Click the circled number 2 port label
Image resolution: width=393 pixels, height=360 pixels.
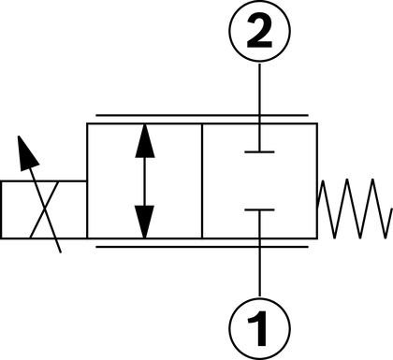(x=260, y=31)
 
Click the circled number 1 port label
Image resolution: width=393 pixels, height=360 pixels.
(x=260, y=328)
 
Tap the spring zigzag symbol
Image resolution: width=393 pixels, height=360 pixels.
(x=355, y=209)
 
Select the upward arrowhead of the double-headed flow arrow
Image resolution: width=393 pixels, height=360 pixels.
(x=145, y=141)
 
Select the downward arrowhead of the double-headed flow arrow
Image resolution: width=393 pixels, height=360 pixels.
(x=144, y=222)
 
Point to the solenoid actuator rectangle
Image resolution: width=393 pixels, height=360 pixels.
(x=44, y=209)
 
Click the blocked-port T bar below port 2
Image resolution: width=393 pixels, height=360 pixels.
(x=259, y=151)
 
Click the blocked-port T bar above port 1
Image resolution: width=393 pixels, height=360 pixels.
(x=259, y=209)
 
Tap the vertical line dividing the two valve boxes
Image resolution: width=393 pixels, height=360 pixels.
(x=202, y=181)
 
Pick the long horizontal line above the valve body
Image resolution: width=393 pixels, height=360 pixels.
(x=202, y=115)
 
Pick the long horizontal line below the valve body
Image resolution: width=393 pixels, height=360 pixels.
(x=202, y=247)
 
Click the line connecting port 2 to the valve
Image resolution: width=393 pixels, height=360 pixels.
(x=259, y=107)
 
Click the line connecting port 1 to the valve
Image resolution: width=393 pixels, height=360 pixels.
(x=259, y=253)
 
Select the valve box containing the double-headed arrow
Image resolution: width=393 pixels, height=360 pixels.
(x=145, y=181)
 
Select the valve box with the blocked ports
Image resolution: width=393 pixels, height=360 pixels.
(x=260, y=181)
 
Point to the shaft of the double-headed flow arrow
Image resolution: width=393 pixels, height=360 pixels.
(x=145, y=181)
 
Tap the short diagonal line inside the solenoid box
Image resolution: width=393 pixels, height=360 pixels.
(x=44, y=209)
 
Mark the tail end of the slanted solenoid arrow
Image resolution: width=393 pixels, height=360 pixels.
(x=60, y=252)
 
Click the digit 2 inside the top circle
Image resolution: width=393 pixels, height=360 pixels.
(x=259, y=31)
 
